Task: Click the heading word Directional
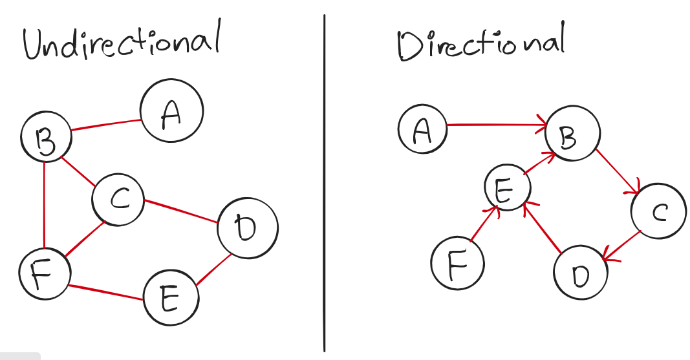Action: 480,44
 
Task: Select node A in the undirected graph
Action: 171,111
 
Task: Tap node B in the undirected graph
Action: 46,136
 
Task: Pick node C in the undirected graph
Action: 118,199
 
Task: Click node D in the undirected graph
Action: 248,228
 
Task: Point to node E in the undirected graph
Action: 171,298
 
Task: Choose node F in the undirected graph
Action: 45,274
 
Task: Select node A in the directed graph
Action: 422,130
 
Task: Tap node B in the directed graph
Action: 572,136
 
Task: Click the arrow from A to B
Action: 495,125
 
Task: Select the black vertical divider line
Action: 325,181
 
